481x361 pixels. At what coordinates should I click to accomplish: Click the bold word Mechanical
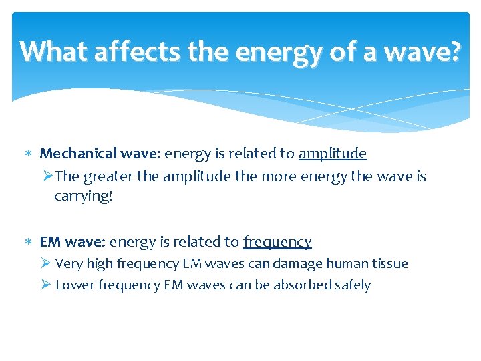point(79,154)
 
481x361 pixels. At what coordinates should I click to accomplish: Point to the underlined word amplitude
point(333,154)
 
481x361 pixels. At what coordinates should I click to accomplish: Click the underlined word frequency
point(277,242)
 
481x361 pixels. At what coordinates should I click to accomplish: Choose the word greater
point(110,176)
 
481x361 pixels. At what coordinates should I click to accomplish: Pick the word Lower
point(75,285)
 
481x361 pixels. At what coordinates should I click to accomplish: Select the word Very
point(69,264)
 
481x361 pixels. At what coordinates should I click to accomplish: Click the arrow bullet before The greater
point(47,176)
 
